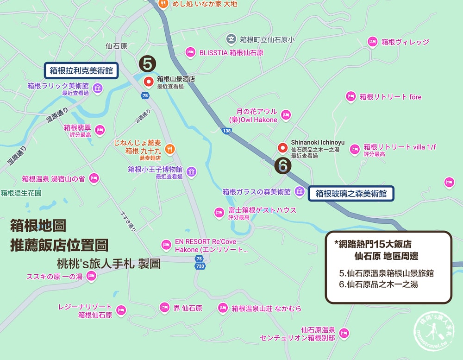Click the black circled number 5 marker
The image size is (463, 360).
147,64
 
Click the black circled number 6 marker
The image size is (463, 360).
283,166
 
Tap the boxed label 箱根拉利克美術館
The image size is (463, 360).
81,71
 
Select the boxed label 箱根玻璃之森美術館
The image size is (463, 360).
351,193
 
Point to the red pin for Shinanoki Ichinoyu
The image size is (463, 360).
282,148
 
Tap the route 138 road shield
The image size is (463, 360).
227,132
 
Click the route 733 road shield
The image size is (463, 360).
200,266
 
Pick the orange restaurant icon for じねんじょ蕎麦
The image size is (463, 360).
170,149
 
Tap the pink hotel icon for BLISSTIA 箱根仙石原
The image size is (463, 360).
190,52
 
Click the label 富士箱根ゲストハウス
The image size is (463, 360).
262,210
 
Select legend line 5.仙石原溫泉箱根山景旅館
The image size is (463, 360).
386,273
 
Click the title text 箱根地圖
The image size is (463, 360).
38,226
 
